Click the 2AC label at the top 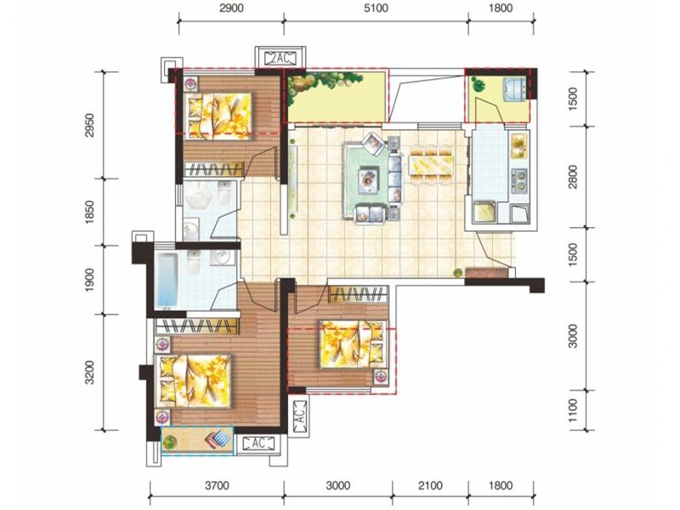click(x=280, y=58)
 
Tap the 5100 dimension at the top click(x=376, y=8)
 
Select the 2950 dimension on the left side click(x=89, y=125)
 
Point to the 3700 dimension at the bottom click(x=217, y=485)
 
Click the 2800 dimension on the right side click(x=573, y=177)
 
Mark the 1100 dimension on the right click(x=573, y=411)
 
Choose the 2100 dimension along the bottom click(x=430, y=485)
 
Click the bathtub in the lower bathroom click(x=167, y=280)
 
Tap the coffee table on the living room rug click(x=369, y=179)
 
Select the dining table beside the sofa click(x=431, y=165)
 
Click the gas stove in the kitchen click(x=519, y=180)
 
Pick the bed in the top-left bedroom click(x=218, y=116)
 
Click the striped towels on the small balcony click(x=218, y=439)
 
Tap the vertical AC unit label click(x=300, y=414)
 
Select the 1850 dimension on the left click(x=89, y=212)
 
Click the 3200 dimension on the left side click(x=89, y=372)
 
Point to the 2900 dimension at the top click(x=231, y=8)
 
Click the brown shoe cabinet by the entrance click(x=486, y=272)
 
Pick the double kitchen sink click(x=519, y=145)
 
